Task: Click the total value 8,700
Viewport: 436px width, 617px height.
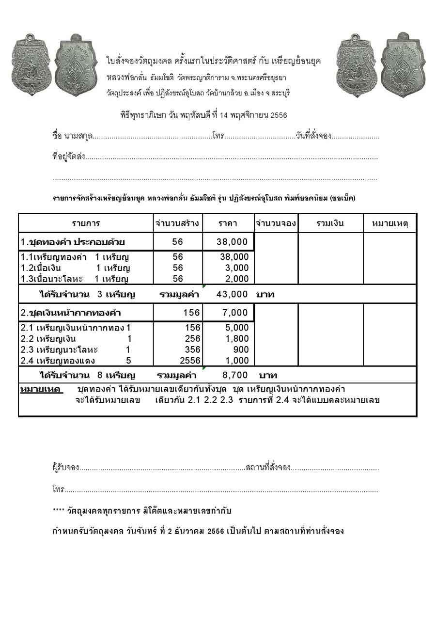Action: point(235,375)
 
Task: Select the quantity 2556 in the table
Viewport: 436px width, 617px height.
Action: point(190,361)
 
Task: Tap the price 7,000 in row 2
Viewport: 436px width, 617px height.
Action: point(235,313)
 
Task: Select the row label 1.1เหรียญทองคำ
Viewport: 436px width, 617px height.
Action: point(54,257)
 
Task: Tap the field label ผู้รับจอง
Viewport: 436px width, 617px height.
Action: point(65,468)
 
